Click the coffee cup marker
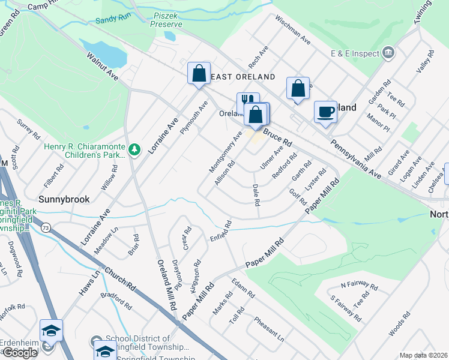[325, 112]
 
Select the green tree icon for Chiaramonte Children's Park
[136, 149]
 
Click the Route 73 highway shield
[46, 227]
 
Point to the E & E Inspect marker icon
[388, 53]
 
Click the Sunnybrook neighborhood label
[64, 199]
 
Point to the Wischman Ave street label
[293, 31]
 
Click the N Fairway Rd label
[359, 286]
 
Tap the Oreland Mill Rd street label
[167, 284]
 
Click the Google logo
[19, 353]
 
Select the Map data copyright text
[423, 355]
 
